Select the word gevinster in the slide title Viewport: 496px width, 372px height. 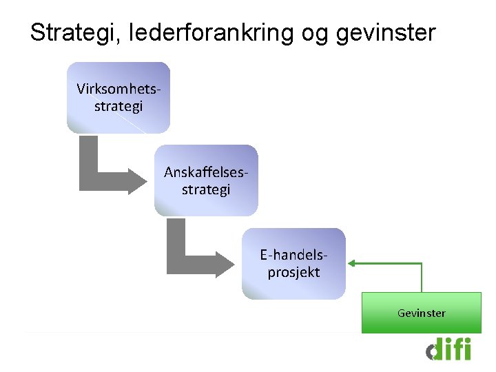click(386, 32)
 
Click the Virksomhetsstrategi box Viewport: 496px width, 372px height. click(118, 97)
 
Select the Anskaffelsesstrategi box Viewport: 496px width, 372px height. click(206, 180)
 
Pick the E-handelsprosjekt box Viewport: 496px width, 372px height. click(293, 263)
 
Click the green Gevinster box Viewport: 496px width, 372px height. click(421, 313)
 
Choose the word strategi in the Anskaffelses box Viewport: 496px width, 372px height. click(206, 189)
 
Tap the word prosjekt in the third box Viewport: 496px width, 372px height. click(293, 272)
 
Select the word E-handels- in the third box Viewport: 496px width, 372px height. click(293, 254)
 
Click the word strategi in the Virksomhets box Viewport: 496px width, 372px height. click(118, 106)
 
